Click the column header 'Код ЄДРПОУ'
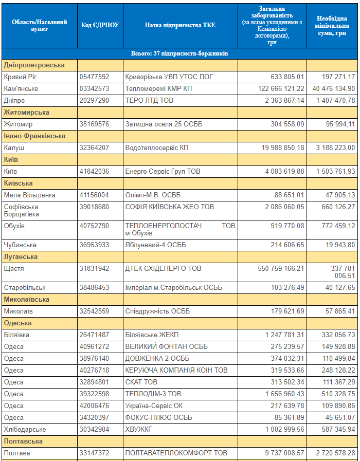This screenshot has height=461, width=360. (100, 25)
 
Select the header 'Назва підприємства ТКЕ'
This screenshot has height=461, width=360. (180, 25)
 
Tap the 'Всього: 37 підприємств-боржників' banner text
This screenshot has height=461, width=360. (179, 53)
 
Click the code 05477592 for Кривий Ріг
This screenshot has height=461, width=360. (94, 77)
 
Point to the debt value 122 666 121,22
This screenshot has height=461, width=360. (281, 89)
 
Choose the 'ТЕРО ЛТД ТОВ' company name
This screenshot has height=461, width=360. (149, 101)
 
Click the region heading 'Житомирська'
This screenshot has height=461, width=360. (26, 113)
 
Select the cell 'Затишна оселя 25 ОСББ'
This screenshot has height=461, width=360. (164, 124)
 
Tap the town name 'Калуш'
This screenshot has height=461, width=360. (14, 147)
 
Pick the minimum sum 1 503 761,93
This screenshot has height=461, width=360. (336, 172)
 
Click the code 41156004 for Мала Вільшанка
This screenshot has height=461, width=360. (94, 195)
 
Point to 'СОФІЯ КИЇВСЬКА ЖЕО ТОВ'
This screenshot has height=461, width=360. (170, 207)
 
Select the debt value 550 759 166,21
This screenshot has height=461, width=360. (281, 268)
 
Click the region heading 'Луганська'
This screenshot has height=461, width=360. (21, 256)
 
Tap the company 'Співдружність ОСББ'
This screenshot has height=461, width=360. (158, 311)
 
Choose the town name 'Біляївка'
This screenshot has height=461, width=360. (16, 335)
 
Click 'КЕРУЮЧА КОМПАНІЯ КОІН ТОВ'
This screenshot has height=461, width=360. (176, 370)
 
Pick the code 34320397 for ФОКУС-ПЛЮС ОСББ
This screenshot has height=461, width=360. (94, 417)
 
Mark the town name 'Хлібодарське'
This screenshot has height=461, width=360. (25, 429)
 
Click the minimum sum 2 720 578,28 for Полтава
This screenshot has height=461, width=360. (336, 453)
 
